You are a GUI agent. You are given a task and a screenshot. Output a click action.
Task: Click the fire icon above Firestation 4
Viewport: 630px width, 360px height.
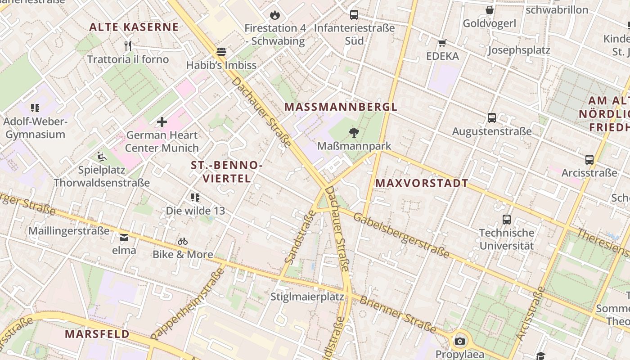coord(274,15)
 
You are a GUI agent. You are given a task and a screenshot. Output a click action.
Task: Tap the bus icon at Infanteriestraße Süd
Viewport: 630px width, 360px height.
coord(354,15)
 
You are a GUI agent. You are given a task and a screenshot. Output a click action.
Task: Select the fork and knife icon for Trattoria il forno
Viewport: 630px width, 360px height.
coord(128,45)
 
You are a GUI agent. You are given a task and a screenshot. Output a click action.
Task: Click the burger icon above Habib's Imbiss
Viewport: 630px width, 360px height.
coord(221,52)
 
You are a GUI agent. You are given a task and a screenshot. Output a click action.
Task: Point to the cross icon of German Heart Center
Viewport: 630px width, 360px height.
coord(162,122)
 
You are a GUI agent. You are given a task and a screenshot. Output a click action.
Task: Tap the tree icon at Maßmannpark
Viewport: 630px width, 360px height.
coord(354,132)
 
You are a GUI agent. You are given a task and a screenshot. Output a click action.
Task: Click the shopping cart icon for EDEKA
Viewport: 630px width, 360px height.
coord(442,43)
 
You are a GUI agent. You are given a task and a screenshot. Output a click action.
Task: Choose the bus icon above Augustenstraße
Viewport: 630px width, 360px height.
coord(492,118)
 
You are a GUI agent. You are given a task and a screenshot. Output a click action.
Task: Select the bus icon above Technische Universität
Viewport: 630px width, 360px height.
coord(507,220)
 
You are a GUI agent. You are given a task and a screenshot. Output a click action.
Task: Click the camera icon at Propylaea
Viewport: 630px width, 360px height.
coord(459,341)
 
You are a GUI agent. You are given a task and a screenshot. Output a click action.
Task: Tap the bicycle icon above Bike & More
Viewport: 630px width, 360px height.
coord(182,241)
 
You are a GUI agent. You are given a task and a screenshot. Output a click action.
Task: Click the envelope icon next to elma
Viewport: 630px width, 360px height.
coord(124,237)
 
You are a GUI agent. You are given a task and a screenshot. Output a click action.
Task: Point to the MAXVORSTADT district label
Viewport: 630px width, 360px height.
coord(422,183)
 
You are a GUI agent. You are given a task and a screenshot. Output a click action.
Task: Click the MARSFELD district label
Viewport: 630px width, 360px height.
coord(97,334)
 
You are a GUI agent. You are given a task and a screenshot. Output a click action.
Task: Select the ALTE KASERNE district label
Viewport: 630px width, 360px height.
coord(134,27)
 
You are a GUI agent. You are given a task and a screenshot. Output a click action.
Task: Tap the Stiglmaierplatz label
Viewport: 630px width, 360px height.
coord(307,297)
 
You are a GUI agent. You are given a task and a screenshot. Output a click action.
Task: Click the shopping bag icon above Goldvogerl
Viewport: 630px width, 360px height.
coord(490,10)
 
